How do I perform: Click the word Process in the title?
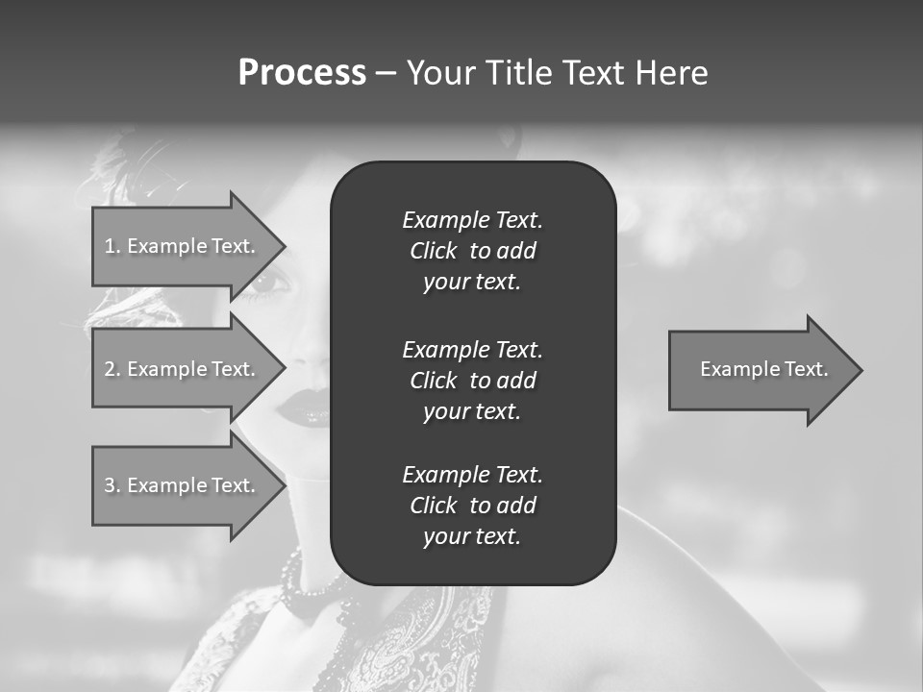click(x=302, y=73)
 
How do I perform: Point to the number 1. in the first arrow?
click(x=112, y=246)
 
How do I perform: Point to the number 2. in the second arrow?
click(x=112, y=369)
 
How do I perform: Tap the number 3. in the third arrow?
click(x=112, y=485)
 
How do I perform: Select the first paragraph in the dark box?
click(x=472, y=251)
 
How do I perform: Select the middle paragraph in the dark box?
click(x=472, y=381)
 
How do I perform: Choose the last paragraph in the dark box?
click(x=472, y=506)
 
